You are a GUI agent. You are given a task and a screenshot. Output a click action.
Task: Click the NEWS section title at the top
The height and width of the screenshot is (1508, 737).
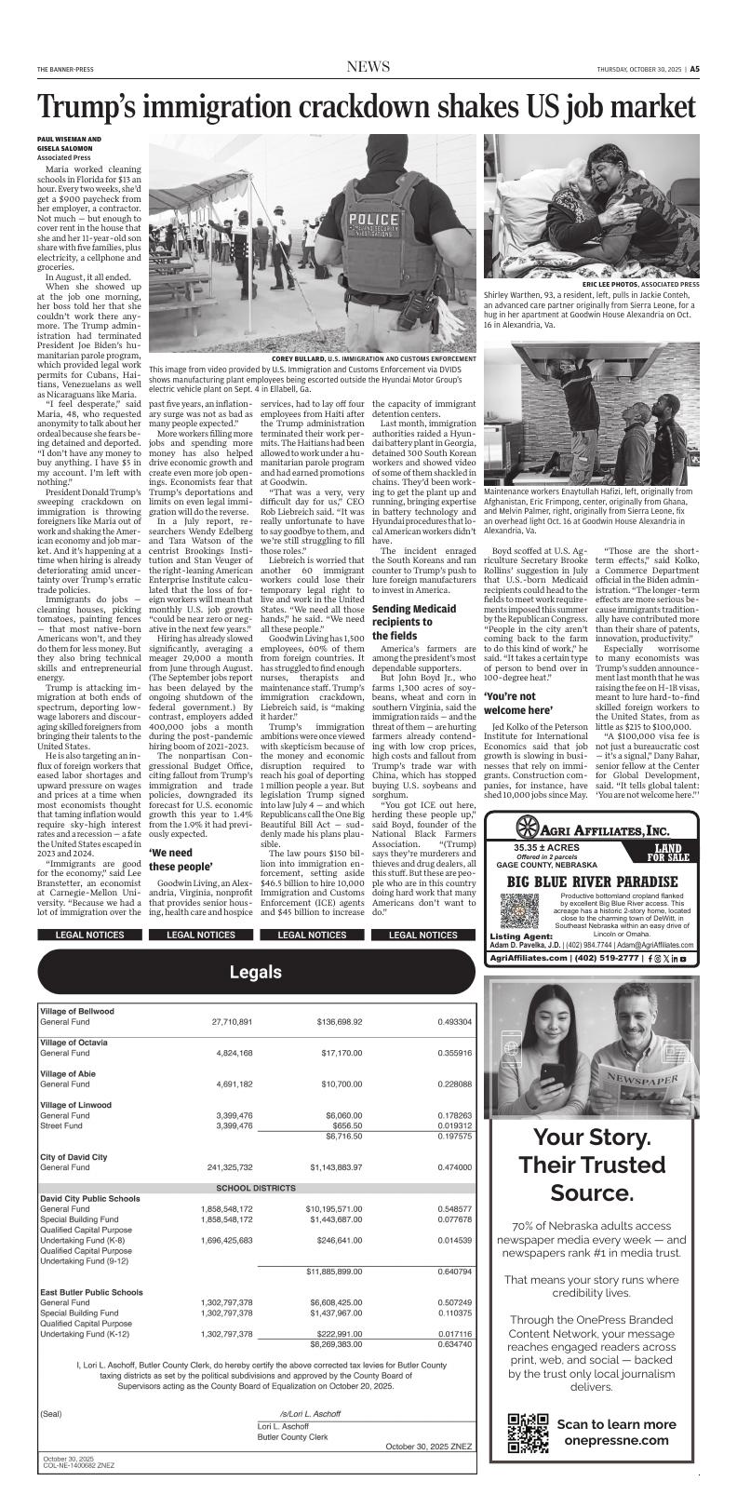coord(368,67)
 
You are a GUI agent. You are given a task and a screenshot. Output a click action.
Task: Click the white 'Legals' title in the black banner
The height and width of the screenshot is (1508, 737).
coord(255,973)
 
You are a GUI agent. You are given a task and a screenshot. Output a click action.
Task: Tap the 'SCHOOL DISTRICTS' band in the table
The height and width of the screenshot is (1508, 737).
coord(255,1189)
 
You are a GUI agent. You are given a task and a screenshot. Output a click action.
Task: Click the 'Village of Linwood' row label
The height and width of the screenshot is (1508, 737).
coord(75,1105)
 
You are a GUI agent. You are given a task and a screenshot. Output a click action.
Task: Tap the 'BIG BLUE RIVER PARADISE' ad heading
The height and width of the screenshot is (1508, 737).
coord(590,881)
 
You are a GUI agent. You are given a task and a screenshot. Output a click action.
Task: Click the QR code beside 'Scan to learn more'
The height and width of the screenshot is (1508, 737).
coord(528,1433)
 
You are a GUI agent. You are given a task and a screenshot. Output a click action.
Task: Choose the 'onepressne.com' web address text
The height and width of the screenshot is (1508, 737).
coord(616,1440)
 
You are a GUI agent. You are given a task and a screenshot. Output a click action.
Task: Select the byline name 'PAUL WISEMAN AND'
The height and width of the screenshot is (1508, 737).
coord(70,139)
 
